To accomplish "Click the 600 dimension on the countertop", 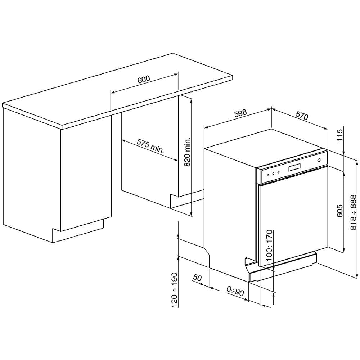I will pos(143,80).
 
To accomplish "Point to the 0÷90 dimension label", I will pos(235,291).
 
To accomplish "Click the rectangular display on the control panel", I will pos(295,168).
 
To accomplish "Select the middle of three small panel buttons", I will pos(273,174).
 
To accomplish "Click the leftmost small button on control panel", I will pos(268,175).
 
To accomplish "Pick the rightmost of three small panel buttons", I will pos(278,173).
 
